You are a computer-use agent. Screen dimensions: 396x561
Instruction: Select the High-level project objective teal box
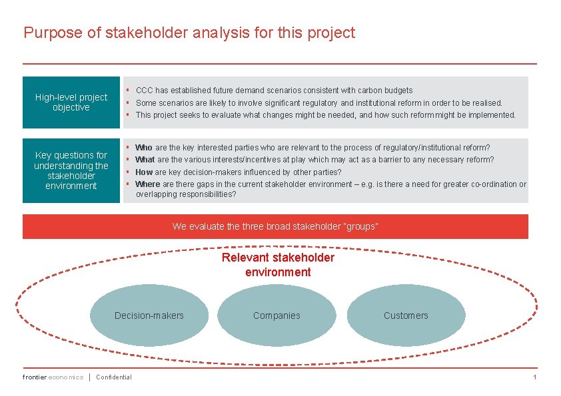coord(71,102)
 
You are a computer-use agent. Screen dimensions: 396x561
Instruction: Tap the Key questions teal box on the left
coord(71,170)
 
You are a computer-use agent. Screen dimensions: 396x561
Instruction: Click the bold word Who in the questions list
coord(144,147)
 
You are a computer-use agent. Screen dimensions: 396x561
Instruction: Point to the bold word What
coord(145,160)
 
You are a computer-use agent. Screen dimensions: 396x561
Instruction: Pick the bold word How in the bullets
coord(144,172)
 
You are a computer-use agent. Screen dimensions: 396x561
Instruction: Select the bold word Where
coord(147,184)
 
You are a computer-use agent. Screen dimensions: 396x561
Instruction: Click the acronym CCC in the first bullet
coord(144,90)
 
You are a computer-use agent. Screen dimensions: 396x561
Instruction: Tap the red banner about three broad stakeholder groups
coord(275,226)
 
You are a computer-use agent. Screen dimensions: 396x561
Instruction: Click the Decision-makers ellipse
coord(149,315)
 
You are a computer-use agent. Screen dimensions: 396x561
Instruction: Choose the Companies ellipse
coord(277,315)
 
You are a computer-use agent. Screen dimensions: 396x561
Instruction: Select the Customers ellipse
coord(406,315)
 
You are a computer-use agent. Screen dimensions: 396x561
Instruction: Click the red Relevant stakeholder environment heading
coord(278,265)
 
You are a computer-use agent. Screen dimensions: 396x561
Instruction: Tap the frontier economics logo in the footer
coord(53,377)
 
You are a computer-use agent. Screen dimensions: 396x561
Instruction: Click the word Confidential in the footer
coord(114,377)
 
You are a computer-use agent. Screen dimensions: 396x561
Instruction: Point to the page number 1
coord(534,377)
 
